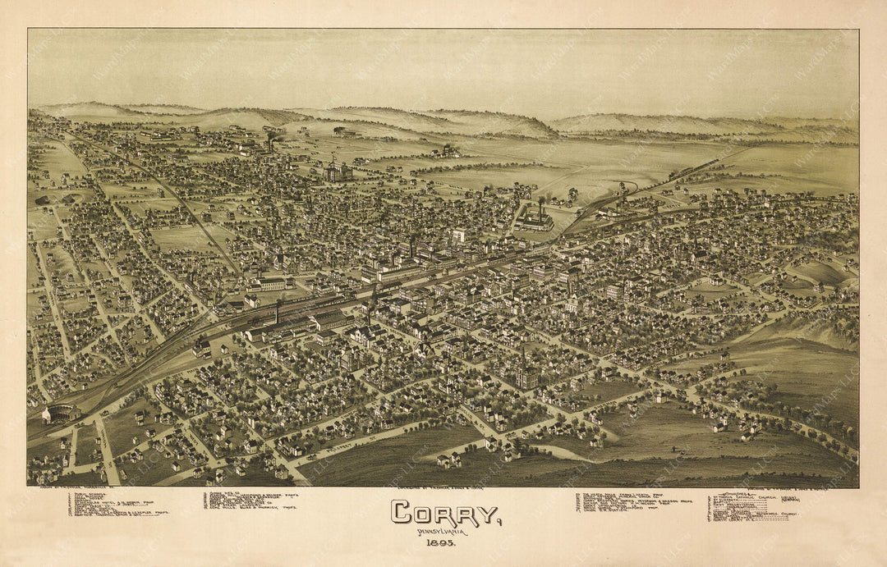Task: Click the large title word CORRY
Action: [445, 514]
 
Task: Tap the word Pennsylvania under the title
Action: [442, 532]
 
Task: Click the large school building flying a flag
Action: [338, 171]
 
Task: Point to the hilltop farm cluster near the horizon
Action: [448, 151]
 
